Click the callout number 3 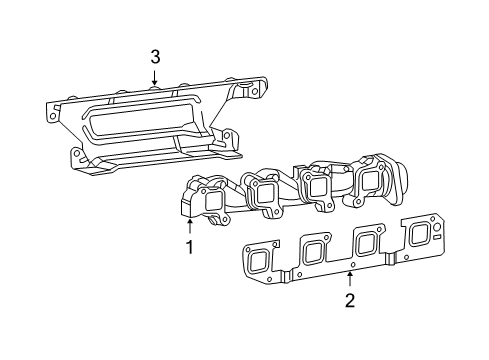point(155,57)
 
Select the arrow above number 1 point(188,226)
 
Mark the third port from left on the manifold point(319,186)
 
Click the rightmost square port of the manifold point(370,181)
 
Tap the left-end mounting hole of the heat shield point(48,115)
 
